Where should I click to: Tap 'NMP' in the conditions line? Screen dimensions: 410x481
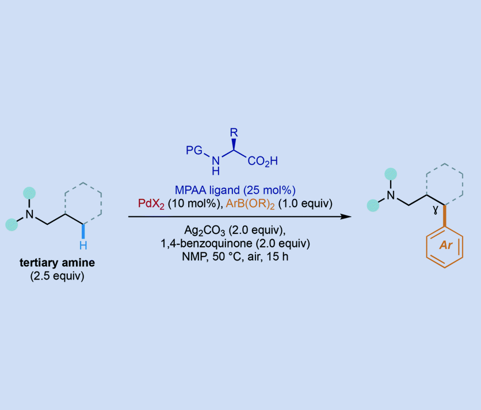pos(192,256)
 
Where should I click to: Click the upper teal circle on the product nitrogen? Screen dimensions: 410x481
pos(391,174)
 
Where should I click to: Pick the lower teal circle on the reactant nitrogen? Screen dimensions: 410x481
pos(12,225)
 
